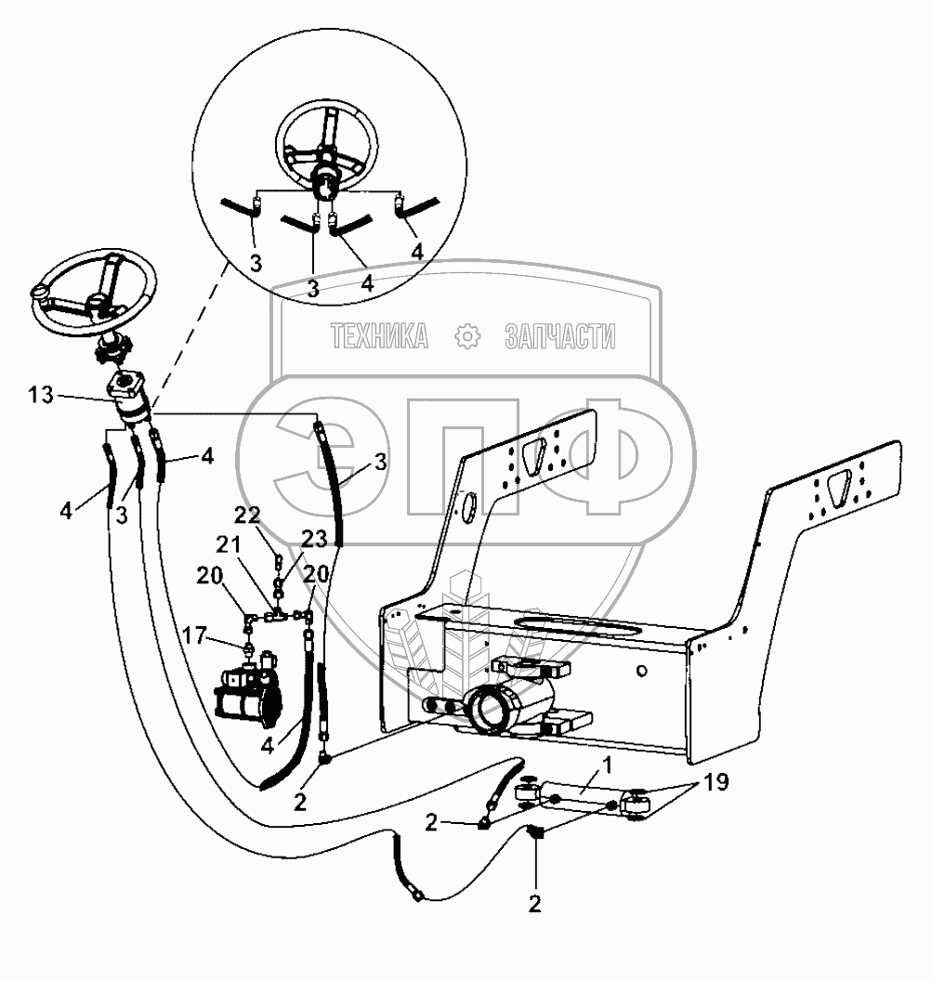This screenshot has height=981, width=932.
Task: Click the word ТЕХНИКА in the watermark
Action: click(x=379, y=336)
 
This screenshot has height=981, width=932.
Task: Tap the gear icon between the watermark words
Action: click(x=466, y=336)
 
